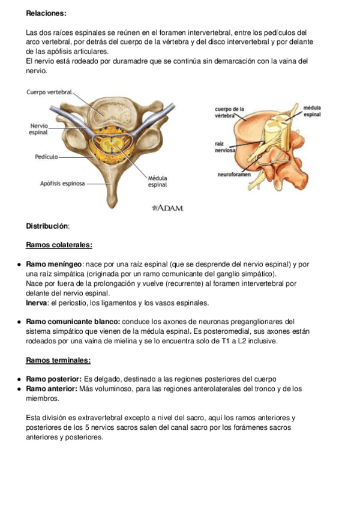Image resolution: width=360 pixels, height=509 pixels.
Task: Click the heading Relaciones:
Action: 46,13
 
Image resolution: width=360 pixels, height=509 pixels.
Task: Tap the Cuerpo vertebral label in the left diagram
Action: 49,92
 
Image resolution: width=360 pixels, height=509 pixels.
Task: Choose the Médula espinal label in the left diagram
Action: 158,181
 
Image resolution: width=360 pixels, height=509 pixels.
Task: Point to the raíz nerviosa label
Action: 224,148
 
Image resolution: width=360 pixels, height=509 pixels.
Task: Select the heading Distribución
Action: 48,226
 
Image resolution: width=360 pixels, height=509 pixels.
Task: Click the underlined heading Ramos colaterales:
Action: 59,245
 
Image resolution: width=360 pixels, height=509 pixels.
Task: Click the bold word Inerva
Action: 36,303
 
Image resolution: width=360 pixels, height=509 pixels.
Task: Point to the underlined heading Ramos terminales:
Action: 58,360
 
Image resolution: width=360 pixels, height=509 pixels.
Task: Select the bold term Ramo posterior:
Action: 54,379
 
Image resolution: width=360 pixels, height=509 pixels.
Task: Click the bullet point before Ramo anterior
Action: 20,389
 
